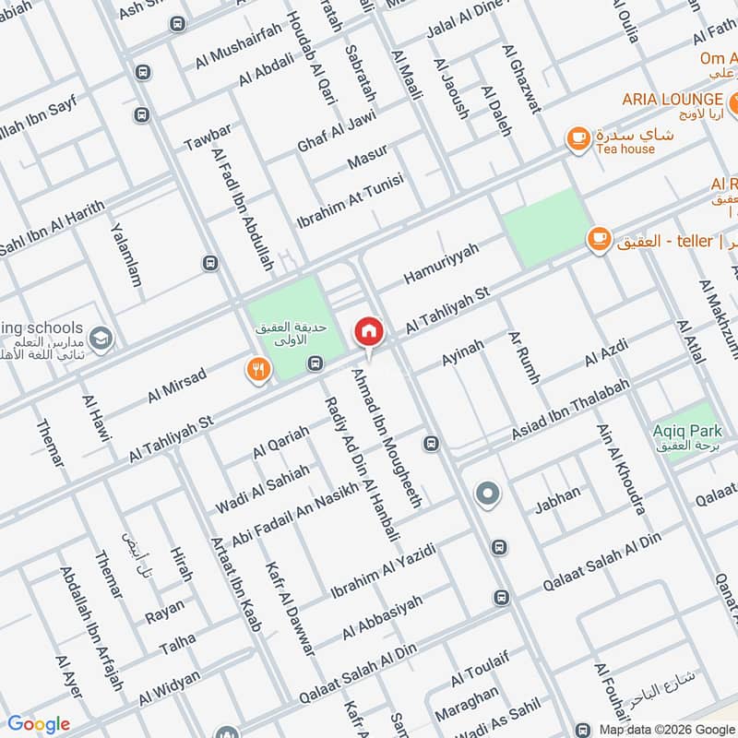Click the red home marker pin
click(368, 330)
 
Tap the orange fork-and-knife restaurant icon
click(257, 370)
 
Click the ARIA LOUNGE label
click(672, 99)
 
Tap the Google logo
click(38, 724)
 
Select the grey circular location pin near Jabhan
click(487, 494)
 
